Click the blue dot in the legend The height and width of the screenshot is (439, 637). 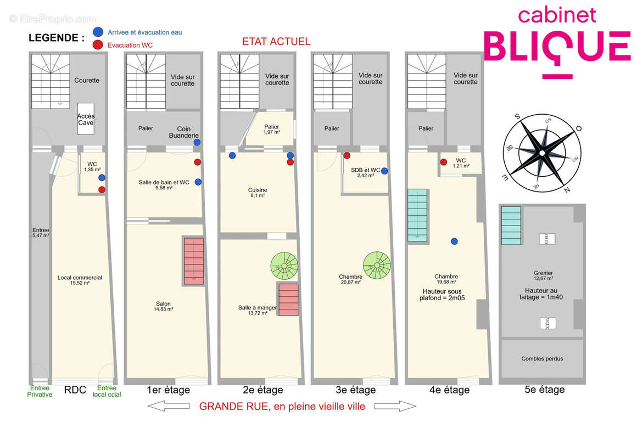pyautogui.click(x=98, y=32)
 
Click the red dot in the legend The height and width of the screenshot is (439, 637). pyautogui.click(x=98, y=45)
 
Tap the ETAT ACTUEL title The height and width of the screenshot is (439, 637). pyautogui.click(x=276, y=41)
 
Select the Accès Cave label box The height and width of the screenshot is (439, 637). pyautogui.click(x=85, y=119)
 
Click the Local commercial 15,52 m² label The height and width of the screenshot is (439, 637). pyautogui.click(x=80, y=280)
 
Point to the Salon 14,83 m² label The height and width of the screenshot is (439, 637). pyautogui.click(x=163, y=306)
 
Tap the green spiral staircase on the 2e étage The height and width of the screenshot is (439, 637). pyautogui.click(x=284, y=266)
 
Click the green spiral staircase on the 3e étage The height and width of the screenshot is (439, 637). pyautogui.click(x=377, y=265)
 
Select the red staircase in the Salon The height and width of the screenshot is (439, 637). pyautogui.click(x=193, y=261)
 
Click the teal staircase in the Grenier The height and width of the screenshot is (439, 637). pyautogui.click(x=511, y=226)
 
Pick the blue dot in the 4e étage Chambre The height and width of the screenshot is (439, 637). pyautogui.click(x=454, y=241)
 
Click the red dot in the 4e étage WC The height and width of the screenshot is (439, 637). pyautogui.click(x=443, y=162)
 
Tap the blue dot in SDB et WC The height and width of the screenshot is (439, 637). pyautogui.click(x=384, y=171)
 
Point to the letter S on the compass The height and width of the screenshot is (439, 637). pyautogui.click(x=517, y=116)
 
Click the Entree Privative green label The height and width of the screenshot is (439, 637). pyautogui.click(x=40, y=391)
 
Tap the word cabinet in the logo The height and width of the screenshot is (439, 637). pyautogui.click(x=557, y=15)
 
